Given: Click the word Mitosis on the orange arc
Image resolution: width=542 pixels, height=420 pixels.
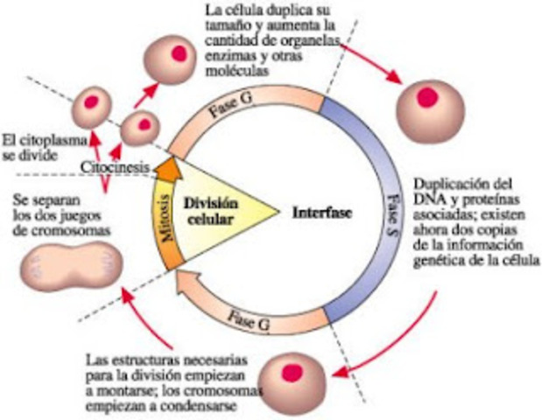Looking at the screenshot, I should point(163,219).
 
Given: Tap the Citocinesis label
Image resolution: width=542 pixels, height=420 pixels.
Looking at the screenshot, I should point(116,165).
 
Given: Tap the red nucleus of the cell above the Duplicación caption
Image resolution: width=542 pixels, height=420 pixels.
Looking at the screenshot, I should point(429,95).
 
